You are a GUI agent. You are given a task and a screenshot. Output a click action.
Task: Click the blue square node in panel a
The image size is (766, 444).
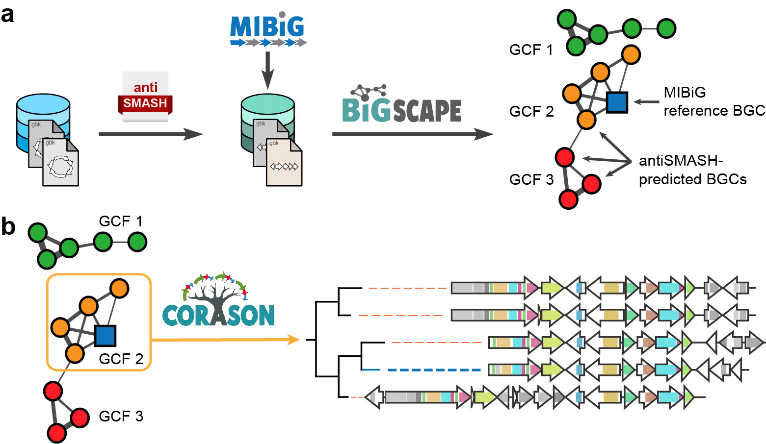[x=617, y=102]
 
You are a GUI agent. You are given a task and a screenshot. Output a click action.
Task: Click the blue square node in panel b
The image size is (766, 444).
[x=105, y=336]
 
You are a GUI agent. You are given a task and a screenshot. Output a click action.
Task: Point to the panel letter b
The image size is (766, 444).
[x=8, y=226]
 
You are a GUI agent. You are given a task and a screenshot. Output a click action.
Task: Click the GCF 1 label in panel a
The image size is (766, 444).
[x=531, y=50]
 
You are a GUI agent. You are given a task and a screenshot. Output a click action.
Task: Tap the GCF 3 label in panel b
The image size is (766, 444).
[x=121, y=417]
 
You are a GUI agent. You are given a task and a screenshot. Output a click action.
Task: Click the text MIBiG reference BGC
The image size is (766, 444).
[x=713, y=101]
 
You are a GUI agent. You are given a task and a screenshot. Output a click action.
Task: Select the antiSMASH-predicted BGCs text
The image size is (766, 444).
[x=692, y=170]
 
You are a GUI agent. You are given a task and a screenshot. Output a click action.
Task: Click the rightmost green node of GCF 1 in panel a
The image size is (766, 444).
[x=666, y=28]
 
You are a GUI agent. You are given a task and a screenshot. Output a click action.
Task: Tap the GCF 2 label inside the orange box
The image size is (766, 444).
[x=121, y=359]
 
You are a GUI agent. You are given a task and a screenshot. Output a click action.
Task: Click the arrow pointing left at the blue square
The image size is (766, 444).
[x=646, y=102]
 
